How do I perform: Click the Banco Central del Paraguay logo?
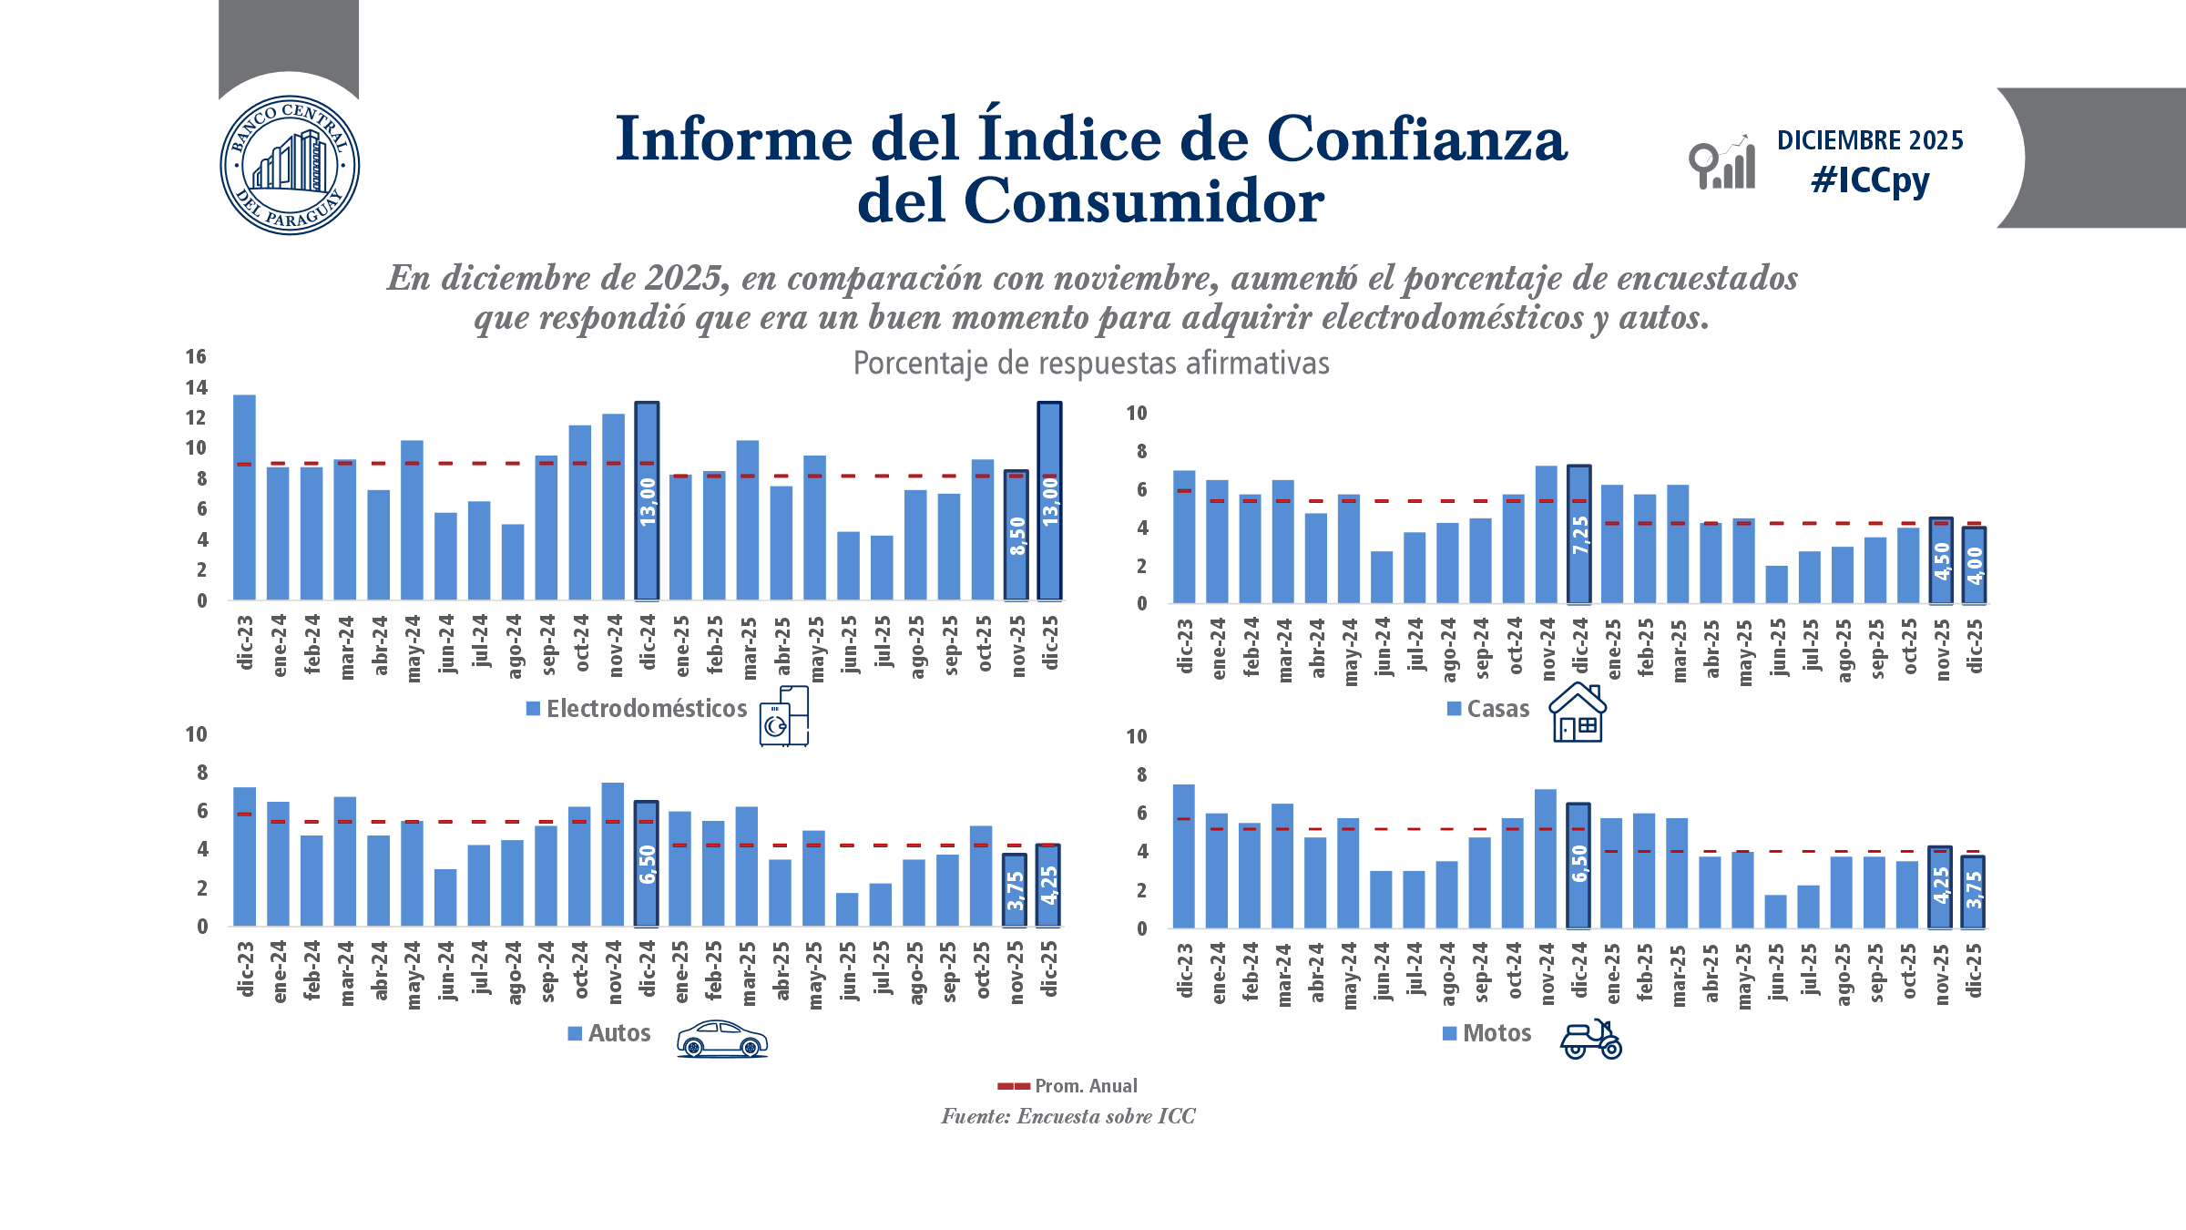tap(290, 165)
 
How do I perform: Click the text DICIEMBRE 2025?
tap(1870, 140)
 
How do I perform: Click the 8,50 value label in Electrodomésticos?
tap(1016, 536)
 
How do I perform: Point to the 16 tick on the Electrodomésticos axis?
tap(196, 356)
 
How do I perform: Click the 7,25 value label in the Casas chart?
tap(1579, 535)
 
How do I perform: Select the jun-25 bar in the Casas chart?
tap(1776, 584)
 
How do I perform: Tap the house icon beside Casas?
tap(1578, 712)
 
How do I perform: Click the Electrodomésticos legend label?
tap(646, 709)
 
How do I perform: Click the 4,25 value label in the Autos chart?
tap(1048, 885)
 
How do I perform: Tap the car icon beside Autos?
tap(721, 1038)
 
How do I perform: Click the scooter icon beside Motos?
tap(1590, 1039)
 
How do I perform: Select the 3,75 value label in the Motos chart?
tap(1973, 890)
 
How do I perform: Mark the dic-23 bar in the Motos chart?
tap(1183, 856)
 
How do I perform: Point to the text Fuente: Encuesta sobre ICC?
tap(1067, 1116)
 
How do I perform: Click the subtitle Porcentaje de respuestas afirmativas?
tap(1090, 364)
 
